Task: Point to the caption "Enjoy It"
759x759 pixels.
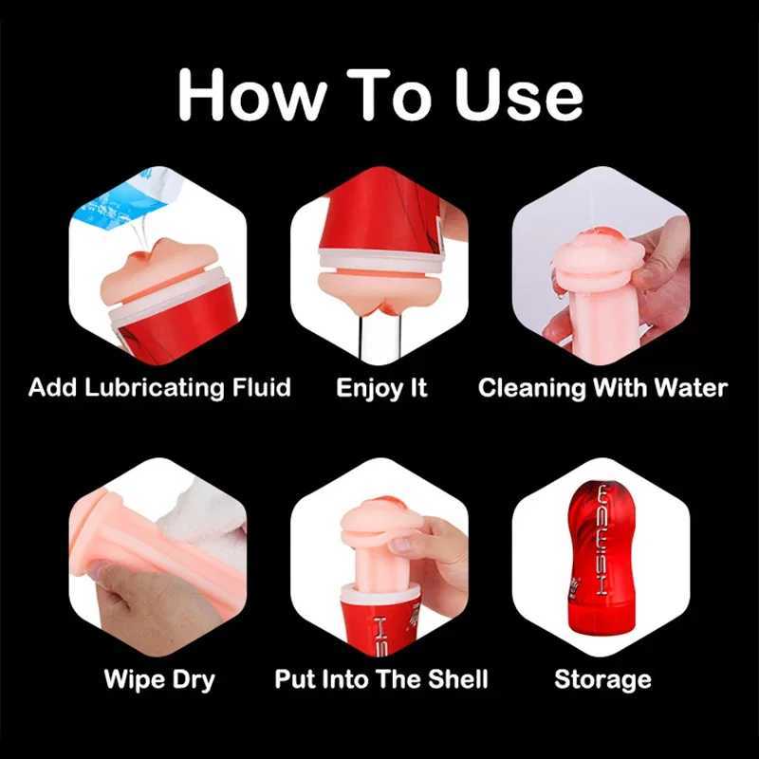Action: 381,388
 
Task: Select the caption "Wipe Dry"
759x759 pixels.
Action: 158,679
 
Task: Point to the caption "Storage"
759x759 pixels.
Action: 602,679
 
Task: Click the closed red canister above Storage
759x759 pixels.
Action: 602,560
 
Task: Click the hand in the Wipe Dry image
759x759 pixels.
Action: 142,598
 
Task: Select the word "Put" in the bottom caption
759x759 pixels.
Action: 294,679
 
